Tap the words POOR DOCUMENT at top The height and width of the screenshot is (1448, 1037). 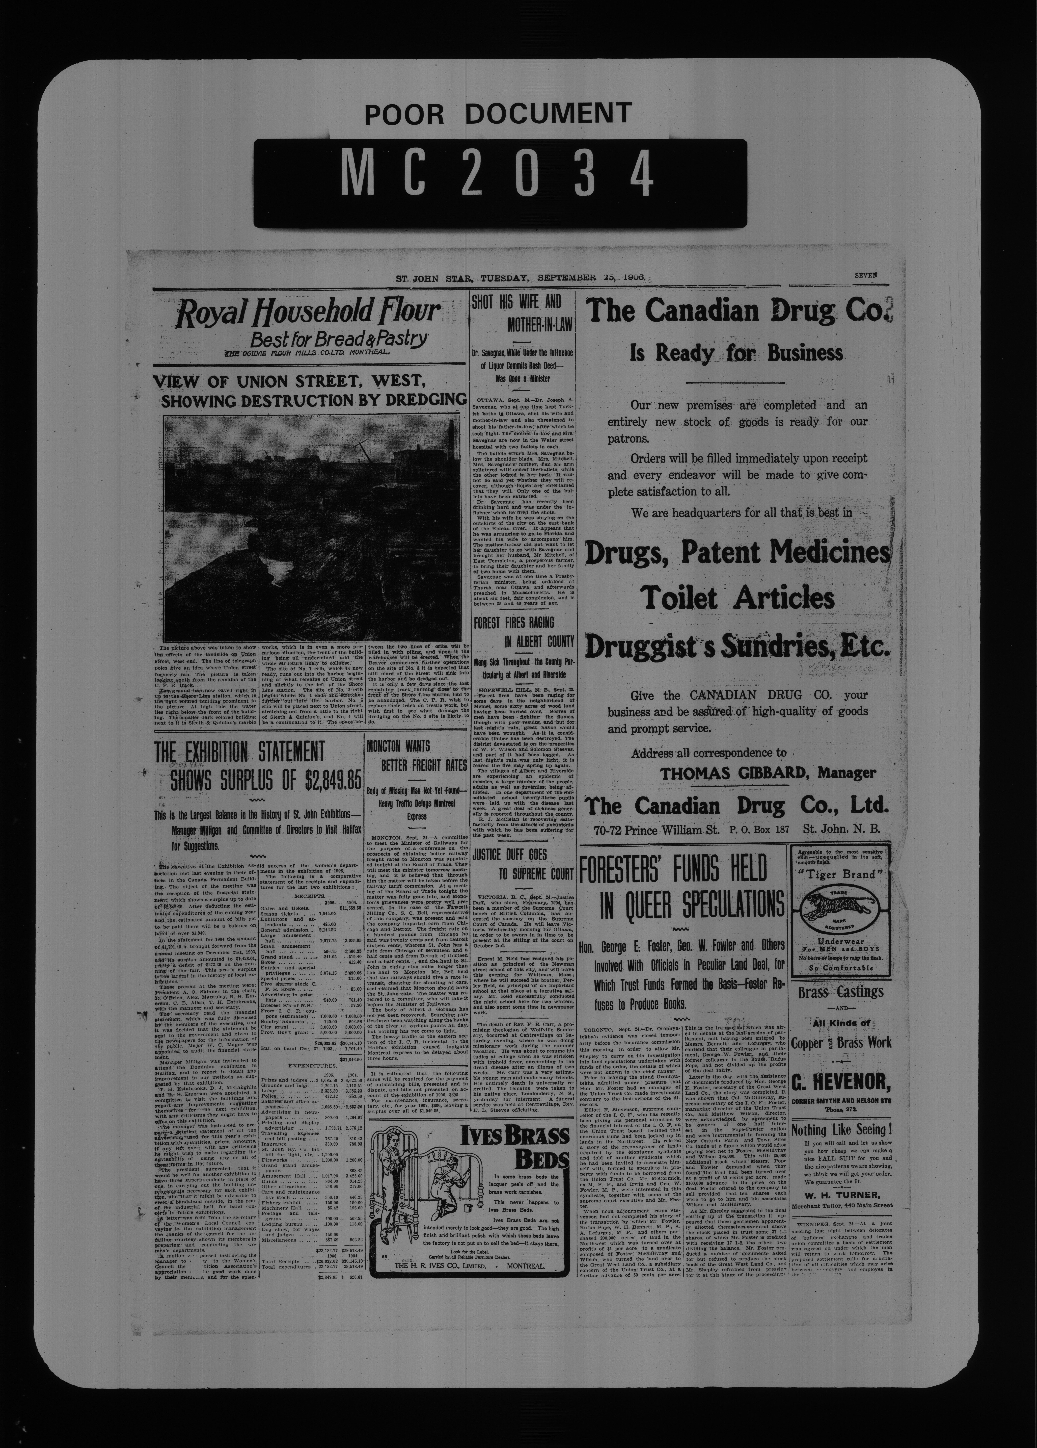pyautogui.click(x=498, y=114)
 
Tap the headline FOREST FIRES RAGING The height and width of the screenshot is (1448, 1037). pyautogui.click(x=513, y=622)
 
